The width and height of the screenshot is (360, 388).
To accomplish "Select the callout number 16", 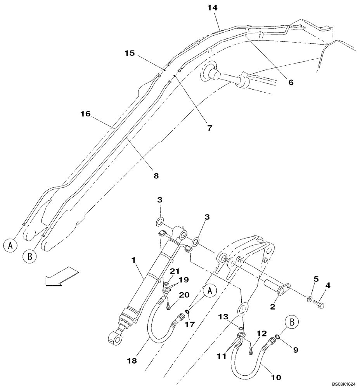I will (x=85, y=114).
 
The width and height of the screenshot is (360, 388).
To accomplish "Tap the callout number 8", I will (x=156, y=175).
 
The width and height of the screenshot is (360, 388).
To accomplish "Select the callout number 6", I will (x=291, y=82).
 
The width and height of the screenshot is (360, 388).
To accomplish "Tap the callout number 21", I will (x=175, y=270).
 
